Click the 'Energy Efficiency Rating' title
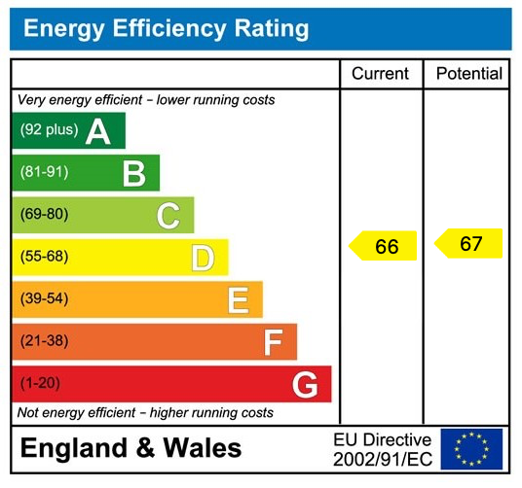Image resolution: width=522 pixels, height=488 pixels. [x=166, y=28]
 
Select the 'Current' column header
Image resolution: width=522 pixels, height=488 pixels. [x=380, y=74]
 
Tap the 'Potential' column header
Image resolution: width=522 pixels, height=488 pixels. [x=468, y=74]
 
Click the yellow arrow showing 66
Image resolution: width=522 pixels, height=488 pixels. [x=384, y=246]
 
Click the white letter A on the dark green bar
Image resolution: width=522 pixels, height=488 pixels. [x=97, y=131]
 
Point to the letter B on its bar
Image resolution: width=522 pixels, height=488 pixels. [x=133, y=174]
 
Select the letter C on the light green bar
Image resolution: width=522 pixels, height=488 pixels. [x=168, y=216]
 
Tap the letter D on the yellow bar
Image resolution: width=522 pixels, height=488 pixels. [x=203, y=258]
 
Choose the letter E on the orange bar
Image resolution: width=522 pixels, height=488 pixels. [x=238, y=300]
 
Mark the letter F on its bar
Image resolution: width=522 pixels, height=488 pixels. [x=273, y=342]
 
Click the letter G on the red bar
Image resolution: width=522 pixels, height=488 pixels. [x=305, y=385]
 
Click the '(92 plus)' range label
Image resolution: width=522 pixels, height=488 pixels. [x=49, y=130]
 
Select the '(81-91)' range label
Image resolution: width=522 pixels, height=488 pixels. [x=44, y=173]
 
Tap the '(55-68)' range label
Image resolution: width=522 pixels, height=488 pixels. [x=44, y=257]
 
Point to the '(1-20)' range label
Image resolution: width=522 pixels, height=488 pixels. [x=40, y=384]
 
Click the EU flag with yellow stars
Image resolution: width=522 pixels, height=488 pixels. [x=471, y=449]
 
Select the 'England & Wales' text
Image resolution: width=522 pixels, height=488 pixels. [x=130, y=449]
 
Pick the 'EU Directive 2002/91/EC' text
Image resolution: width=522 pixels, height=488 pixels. [x=382, y=449]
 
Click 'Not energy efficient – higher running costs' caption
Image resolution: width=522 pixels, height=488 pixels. [x=146, y=413]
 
